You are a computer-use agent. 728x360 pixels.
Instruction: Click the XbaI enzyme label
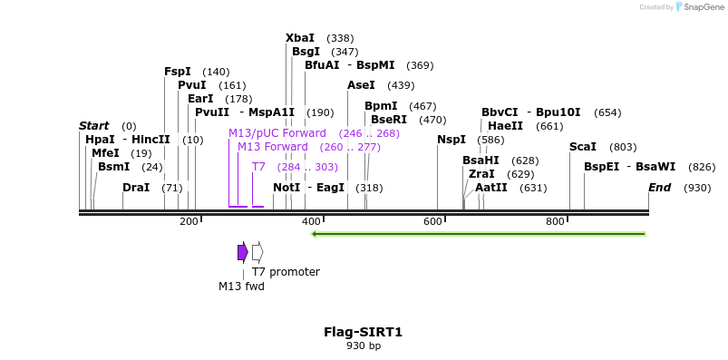pyautogui.click(x=300, y=38)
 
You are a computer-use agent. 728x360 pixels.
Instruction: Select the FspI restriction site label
pyautogui.click(x=178, y=72)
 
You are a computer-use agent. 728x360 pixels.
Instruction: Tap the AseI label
pyautogui.click(x=361, y=85)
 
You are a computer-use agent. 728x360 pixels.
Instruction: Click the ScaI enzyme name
pyautogui.click(x=583, y=147)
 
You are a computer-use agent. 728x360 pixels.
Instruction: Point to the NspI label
pyautogui.click(x=451, y=140)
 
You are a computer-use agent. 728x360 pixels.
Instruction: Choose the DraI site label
pyautogui.click(x=136, y=188)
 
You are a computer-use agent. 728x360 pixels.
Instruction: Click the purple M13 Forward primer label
pyautogui.click(x=272, y=147)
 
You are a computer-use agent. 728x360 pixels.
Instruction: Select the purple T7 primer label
pyautogui.click(x=258, y=167)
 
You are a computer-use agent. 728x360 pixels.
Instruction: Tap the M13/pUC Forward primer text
pyautogui.click(x=277, y=133)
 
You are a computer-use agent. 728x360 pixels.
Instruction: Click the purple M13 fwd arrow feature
pyautogui.click(x=242, y=252)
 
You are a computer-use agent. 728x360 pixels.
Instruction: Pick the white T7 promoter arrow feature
pyautogui.click(x=257, y=252)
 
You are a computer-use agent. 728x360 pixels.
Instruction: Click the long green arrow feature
pyautogui.click(x=478, y=234)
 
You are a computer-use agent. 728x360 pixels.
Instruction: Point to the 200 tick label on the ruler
pyautogui.click(x=189, y=222)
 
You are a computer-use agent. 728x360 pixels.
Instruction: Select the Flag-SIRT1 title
pyautogui.click(x=363, y=332)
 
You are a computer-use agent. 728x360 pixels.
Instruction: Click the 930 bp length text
pyautogui.click(x=363, y=345)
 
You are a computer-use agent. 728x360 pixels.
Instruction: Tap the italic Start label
pyautogui.click(x=93, y=126)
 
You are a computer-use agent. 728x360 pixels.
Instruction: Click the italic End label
pyautogui.click(x=659, y=188)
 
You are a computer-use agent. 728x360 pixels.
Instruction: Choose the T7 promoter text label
pyautogui.click(x=286, y=272)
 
